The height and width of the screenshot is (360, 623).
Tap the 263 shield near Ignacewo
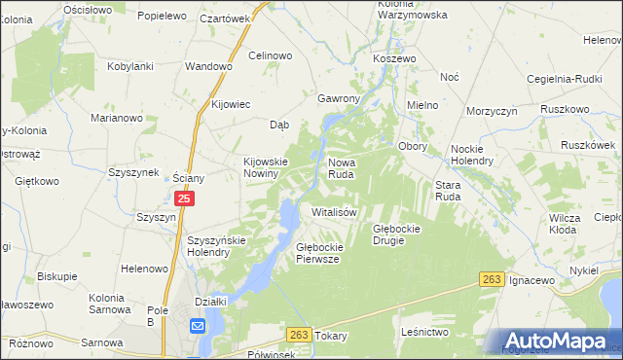click(x=492, y=280)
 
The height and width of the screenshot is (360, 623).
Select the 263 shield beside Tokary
click(x=299, y=335)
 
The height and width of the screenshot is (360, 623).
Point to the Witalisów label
click(x=335, y=211)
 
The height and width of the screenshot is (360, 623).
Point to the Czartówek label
click(x=225, y=18)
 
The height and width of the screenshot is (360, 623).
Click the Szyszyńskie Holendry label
click(x=221, y=245)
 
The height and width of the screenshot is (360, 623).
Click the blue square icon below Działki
click(x=199, y=327)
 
